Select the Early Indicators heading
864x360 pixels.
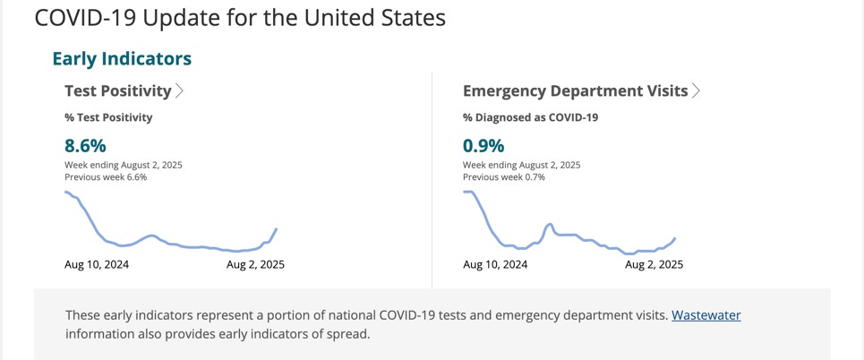(x=122, y=59)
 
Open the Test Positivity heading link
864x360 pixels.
(x=117, y=90)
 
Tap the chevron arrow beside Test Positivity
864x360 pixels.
(x=180, y=90)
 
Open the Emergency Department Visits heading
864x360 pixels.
(x=575, y=90)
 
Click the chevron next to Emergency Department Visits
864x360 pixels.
(x=696, y=90)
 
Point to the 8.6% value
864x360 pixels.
(x=85, y=145)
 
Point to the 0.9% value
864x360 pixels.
(x=483, y=145)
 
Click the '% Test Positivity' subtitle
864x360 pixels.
(x=108, y=117)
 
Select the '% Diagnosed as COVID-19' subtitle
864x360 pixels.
(x=530, y=117)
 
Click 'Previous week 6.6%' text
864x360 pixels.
(x=106, y=177)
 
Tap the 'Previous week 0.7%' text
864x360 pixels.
(x=504, y=177)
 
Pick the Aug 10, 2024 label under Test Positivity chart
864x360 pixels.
(x=97, y=264)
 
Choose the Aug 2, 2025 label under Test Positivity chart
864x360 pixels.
(x=255, y=264)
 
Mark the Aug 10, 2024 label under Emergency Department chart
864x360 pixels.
(x=495, y=264)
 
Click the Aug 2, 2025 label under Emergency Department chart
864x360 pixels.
(x=654, y=264)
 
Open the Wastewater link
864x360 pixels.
(x=706, y=315)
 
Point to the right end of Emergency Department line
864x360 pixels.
(x=673, y=238)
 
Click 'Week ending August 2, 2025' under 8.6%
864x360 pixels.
(x=124, y=165)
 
